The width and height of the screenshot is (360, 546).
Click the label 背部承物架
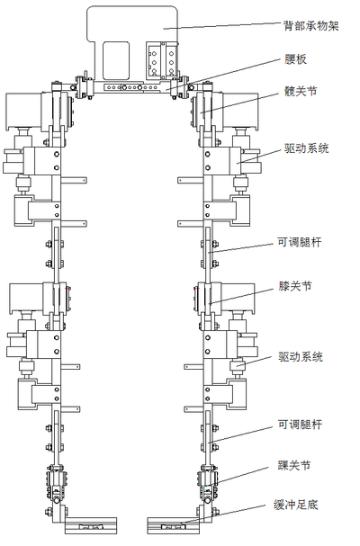[311, 26]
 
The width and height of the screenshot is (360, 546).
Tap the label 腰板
[295, 59]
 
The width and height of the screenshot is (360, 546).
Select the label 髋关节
[301, 92]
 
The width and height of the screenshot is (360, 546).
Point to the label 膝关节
[295, 286]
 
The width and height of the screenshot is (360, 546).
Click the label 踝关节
[294, 465]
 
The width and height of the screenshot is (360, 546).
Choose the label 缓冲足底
[295, 505]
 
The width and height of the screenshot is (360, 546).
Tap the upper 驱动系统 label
[307, 148]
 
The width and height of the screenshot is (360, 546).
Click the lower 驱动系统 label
[301, 357]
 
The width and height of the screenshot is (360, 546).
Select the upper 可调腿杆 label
[300, 242]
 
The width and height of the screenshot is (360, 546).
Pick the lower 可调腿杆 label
[300, 425]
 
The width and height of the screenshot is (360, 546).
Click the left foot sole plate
[91, 525]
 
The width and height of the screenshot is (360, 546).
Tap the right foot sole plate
[173, 525]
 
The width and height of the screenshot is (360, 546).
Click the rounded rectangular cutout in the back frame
[116, 60]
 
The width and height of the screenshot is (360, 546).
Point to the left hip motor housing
[23, 112]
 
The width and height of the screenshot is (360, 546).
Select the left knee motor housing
[26, 298]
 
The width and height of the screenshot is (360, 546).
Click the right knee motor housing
[238, 298]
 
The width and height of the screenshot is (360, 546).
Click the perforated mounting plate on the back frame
[161, 59]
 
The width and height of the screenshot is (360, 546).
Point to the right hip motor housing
[240, 112]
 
